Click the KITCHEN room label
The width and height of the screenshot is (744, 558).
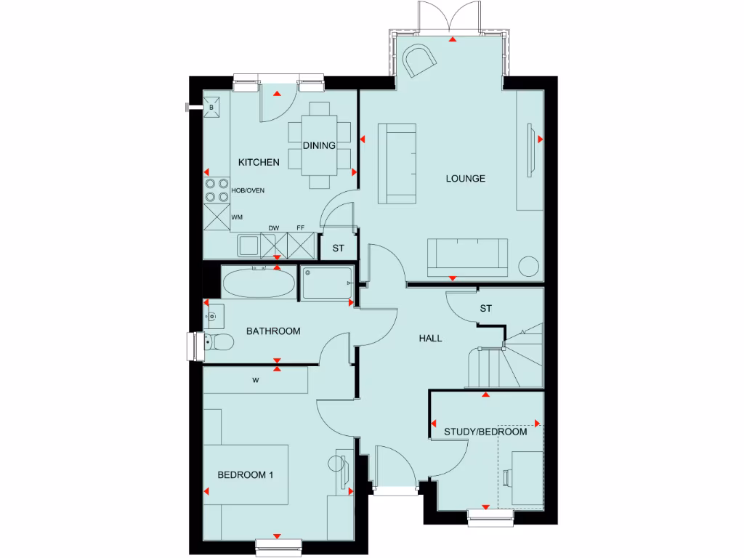[258, 162]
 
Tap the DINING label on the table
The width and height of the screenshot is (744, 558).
[319, 145]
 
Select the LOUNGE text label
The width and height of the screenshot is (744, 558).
[465, 178]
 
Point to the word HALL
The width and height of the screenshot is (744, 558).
[430, 338]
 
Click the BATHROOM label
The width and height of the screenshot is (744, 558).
[273, 331]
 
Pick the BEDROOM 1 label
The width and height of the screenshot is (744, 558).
[246, 475]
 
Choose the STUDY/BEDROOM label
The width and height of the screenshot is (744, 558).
[485, 432]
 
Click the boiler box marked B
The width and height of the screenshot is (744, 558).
[212, 108]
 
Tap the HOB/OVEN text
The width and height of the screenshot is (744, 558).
[248, 190]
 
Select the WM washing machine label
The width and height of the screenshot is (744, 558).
[237, 217]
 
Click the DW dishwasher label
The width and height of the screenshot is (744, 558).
[274, 228]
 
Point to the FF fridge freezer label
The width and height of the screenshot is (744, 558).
[301, 228]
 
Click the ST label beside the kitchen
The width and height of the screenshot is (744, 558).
[339, 248]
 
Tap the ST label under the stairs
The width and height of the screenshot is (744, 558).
[486, 309]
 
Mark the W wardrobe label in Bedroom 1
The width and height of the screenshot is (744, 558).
[256, 379]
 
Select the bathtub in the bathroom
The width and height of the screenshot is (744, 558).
[259, 284]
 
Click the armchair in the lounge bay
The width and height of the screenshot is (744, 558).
[419, 60]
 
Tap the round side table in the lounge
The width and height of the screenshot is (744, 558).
[529, 267]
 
